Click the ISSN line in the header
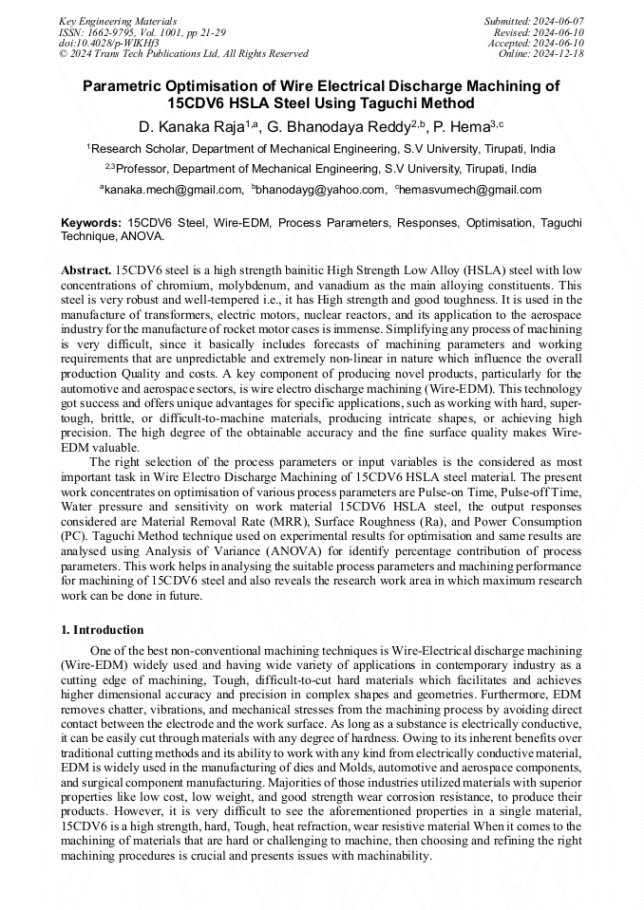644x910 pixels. coord(142,31)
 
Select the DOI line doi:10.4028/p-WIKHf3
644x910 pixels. coord(109,43)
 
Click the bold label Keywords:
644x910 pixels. coord(91,223)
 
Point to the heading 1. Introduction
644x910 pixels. coord(103,630)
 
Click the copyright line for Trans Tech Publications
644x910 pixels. coord(183,53)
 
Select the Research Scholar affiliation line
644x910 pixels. coord(321,149)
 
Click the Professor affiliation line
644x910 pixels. coord(321,169)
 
